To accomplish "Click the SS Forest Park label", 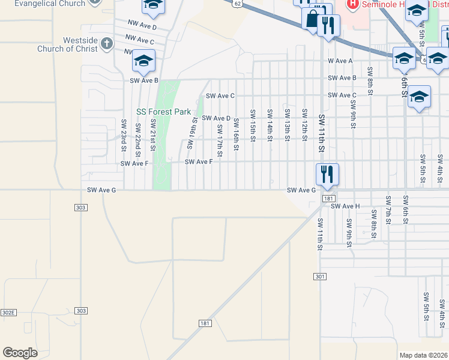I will (x=163, y=112).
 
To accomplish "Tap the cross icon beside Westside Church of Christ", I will (x=107, y=43).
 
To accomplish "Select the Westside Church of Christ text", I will (x=80, y=44).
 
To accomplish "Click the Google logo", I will (x=20, y=353).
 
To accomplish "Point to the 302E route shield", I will (x=8, y=313).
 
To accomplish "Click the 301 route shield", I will (x=319, y=276).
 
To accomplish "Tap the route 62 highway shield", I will (x=238, y=4).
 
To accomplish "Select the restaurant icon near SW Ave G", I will (x=327, y=175).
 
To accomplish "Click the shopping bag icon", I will (x=313, y=19).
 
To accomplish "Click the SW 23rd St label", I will (x=124, y=134).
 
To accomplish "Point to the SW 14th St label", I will (x=270, y=125).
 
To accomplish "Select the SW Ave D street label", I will (x=216, y=118).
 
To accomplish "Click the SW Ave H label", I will (x=345, y=206).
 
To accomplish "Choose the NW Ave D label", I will (x=142, y=27).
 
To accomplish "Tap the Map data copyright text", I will (x=423, y=355).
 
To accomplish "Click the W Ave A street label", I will (x=340, y=61).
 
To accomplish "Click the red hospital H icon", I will (x=352, y=4).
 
